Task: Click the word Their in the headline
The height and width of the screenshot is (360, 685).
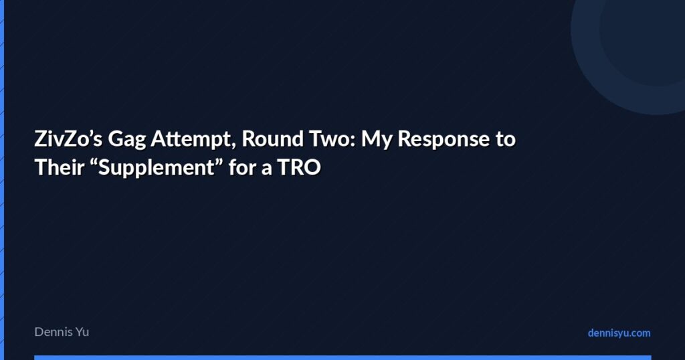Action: [57, 167]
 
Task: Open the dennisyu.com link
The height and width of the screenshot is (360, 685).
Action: [619, 333]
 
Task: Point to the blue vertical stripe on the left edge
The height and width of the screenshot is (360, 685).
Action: [2, 180]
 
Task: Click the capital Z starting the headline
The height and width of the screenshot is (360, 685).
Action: [40, 141]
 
